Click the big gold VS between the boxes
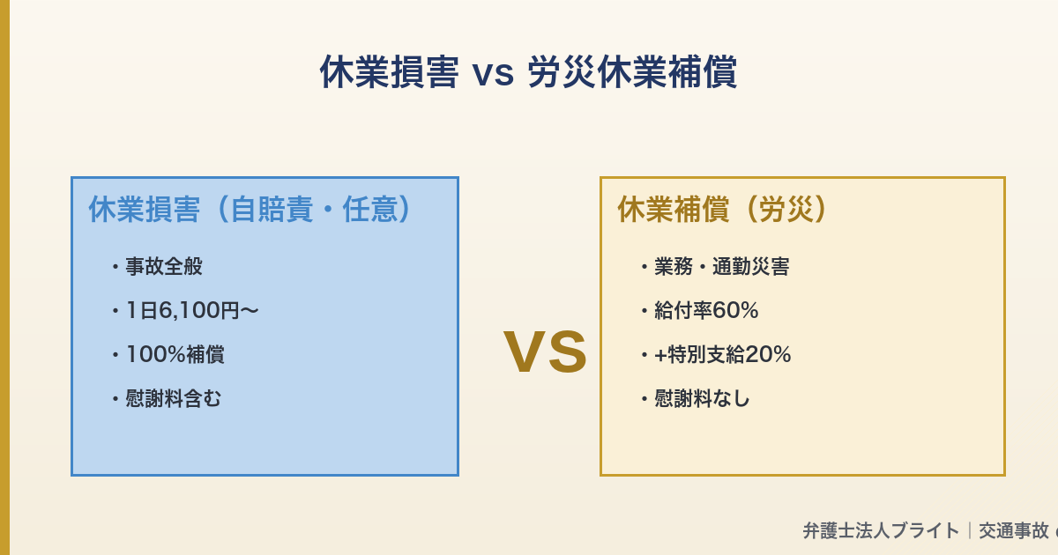[545, 352]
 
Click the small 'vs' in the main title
[493, 73]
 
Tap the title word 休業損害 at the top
[389, 72]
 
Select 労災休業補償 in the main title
[631, 72]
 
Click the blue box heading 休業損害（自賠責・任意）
[251, 210]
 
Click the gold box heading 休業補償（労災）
[724, 210]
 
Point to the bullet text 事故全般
[164, 266]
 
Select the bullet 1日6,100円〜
[191, 310]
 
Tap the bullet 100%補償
[175, 354]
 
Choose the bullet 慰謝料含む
[174, 398]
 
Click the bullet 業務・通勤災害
[721, 266]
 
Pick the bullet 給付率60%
[706, 310]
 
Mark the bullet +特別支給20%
[722, 354]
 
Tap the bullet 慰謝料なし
[702, 398]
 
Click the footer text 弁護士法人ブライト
[881, 530]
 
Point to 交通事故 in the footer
[1014, 530]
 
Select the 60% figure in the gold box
[735, 310]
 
